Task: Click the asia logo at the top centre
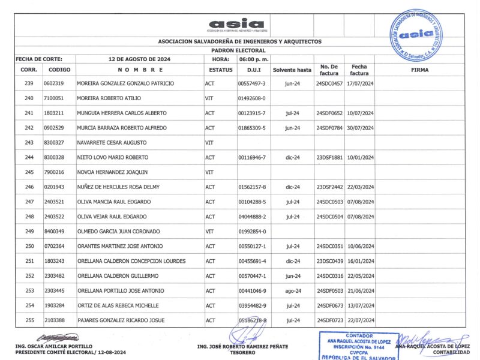pyautogui.click(x=236, y=25)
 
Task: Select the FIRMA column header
pyautogui.click(x=419, y=70)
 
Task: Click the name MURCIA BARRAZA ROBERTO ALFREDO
pyautogui.click(x=122, y=128)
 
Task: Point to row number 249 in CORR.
pyautogui.click(x=29, y=231)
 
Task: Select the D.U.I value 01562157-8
pyautogui.click(x=252, y=187)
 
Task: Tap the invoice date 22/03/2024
pyautogui.click(x=360, y=187)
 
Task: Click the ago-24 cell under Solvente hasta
pyautogui.click(x=293, y=290)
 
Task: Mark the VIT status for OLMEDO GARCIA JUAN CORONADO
pyautogui.click(x=210, y=231)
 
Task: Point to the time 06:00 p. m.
pyautogui.click(x=254, y=59)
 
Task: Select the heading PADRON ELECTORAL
pyautogui.click(x=239, y=50)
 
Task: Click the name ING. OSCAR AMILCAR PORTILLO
pyautogui.click(x=54, y=346)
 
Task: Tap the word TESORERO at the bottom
pyautogui.click(x=242, y=352)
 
